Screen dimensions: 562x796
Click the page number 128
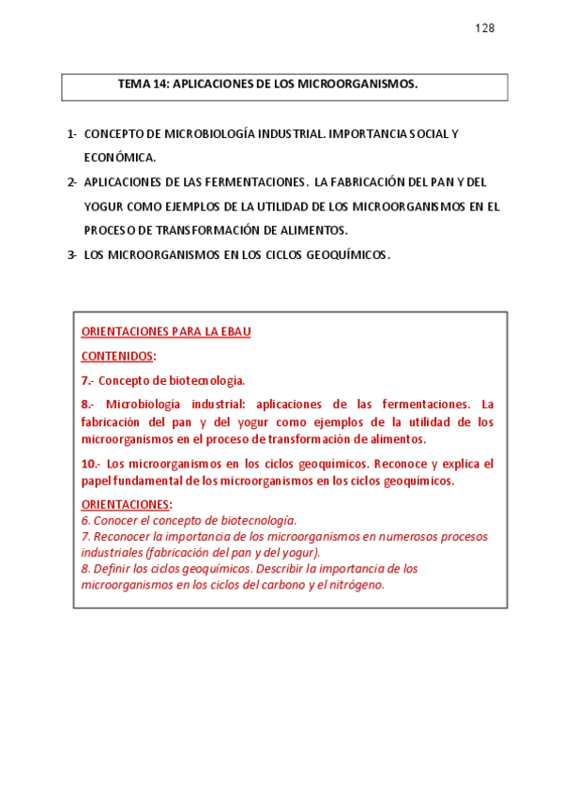point(484,28)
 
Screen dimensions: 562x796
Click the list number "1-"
point(72,134)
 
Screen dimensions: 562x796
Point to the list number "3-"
point(72,255)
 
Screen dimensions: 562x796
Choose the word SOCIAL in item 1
point(427,134)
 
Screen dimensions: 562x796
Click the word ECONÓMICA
point(120,158)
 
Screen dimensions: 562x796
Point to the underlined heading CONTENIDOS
point(117,357)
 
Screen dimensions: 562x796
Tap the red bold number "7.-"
point(87,381)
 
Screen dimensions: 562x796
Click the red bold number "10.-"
point(91,464)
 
